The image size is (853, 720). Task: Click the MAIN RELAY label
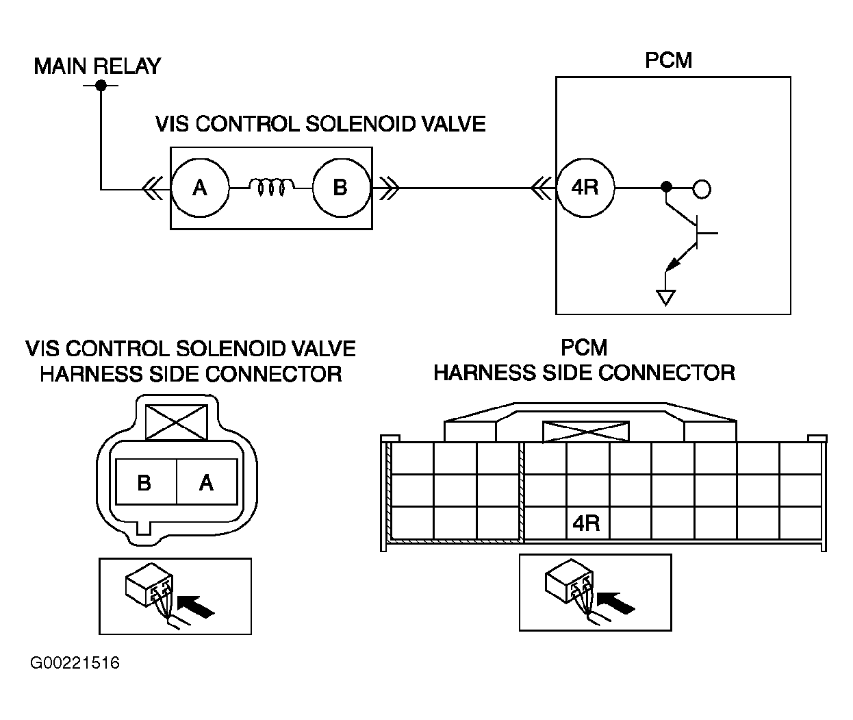(97, 66)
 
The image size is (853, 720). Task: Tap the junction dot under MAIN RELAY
(101, 86)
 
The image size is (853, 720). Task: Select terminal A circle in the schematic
(200, 188)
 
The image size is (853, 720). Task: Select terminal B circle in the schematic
(342, 188)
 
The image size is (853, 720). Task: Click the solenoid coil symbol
(271, 187)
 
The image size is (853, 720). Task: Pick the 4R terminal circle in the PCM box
(585, 188)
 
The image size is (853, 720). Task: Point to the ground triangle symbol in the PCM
(665, 297)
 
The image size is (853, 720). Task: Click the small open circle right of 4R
(702, 189)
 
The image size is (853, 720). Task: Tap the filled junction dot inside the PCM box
(666, 187)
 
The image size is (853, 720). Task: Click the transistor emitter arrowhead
(672, 264)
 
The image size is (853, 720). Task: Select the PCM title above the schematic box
(668, 60)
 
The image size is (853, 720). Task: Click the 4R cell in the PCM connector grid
(587, 523)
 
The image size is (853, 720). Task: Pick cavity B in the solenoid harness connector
(146, 482)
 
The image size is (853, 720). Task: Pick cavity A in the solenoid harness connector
(207, 482)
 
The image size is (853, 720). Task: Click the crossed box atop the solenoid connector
(177, 423)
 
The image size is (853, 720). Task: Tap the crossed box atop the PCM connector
(586, 432)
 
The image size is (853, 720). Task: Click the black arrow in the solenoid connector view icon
(196, 607)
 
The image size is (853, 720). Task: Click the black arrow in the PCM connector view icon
(616, 604)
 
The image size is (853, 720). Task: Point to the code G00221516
(75, 662)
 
